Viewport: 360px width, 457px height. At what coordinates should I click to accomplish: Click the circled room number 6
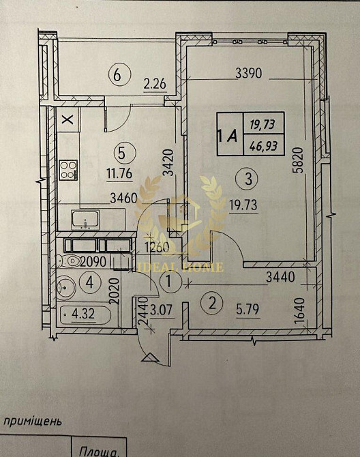(118, 75)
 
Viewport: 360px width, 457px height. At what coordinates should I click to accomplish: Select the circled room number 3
(248, 179)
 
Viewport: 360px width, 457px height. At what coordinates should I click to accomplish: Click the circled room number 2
(213, 303)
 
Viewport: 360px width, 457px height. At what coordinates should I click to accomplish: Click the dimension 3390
(248, 72)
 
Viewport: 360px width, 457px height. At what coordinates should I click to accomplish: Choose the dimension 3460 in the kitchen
(123, 199)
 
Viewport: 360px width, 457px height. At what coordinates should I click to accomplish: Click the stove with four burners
(68, 170)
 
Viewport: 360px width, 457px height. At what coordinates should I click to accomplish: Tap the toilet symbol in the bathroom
(70, 261)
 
